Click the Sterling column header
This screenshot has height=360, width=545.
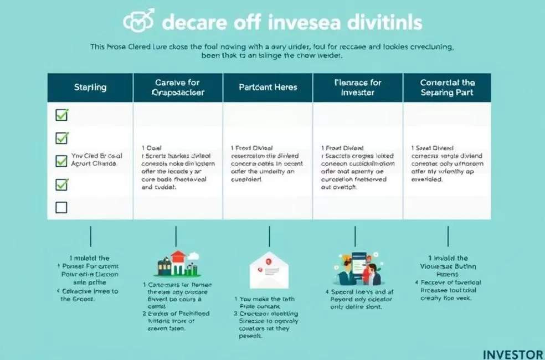90,88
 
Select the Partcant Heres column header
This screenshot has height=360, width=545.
268,88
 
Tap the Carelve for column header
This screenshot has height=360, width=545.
178,88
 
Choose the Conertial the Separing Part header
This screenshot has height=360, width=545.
447,88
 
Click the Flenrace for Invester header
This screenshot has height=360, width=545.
358,88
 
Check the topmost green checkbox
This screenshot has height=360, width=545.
62,115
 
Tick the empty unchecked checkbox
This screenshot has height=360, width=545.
62,208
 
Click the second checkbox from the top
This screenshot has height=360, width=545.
62,137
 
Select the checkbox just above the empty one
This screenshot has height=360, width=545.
62,184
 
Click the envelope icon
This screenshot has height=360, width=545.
269,270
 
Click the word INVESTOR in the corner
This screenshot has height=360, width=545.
513,354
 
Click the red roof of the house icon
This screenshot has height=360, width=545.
177,255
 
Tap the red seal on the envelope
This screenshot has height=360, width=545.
267,261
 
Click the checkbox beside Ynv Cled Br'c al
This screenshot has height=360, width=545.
62,161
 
